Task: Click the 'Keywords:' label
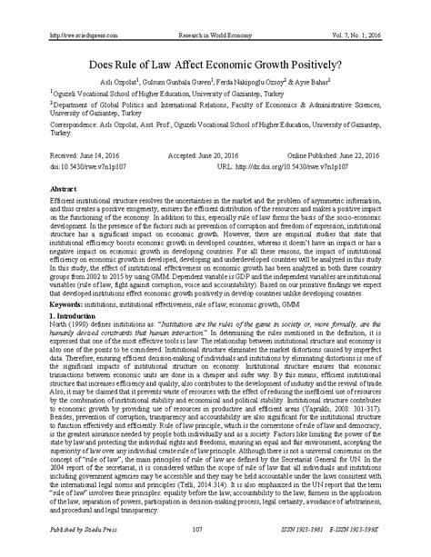[x=56, y=312]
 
